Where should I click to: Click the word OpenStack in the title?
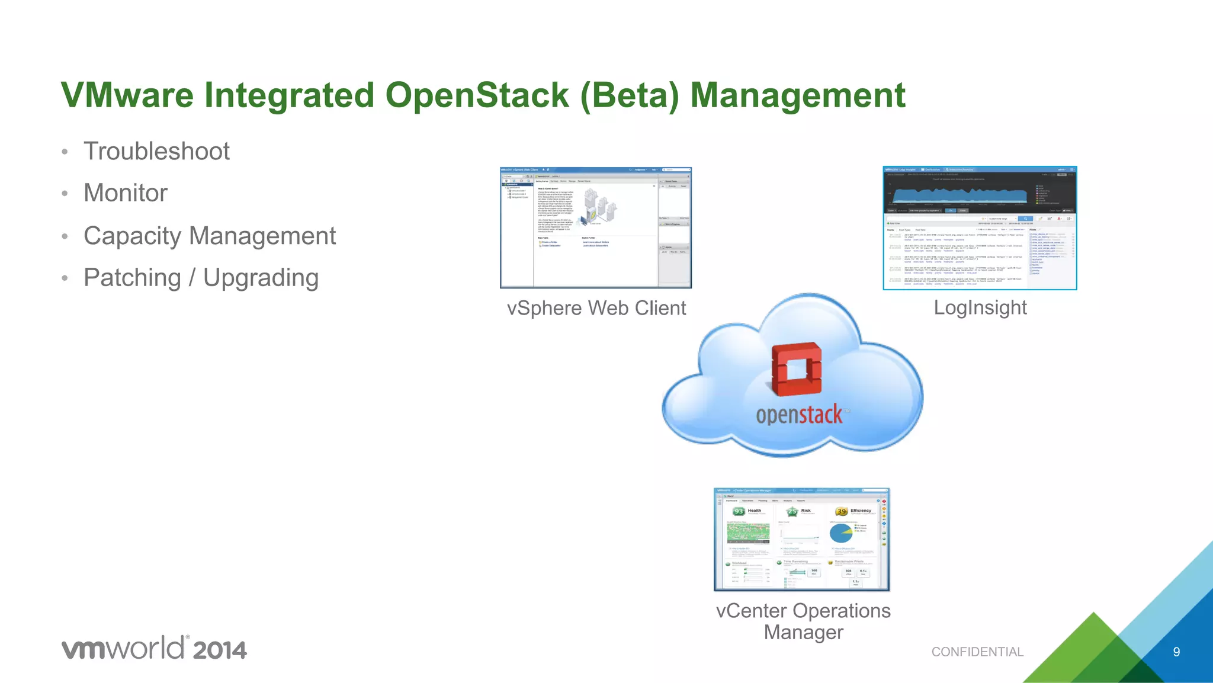[x=477, y=95]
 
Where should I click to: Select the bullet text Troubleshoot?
[x=156, y=151]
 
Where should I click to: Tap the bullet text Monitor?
[x=126, y=193]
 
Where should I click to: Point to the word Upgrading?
[x=261, y=278]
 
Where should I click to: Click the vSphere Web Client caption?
[x=596, y=308]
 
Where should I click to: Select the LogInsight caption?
[x=980, y=307]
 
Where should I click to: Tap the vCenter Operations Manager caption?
[x=803, y=621]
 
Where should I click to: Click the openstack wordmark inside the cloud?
[x=799, y=415]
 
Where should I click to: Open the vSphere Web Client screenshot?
[x=595, y=228]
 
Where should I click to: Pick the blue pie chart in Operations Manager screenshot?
[x=840, y=533]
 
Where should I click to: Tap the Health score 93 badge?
[x=739, y=511]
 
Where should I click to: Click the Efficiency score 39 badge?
[x=841, y=511]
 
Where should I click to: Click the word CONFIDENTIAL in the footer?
[x=977, y=652]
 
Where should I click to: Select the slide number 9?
[x=1176, y=652]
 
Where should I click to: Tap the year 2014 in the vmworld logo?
[x=219, y=650]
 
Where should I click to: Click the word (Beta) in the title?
[x=629, y=95]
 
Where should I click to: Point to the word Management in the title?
[x=797, y=95]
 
